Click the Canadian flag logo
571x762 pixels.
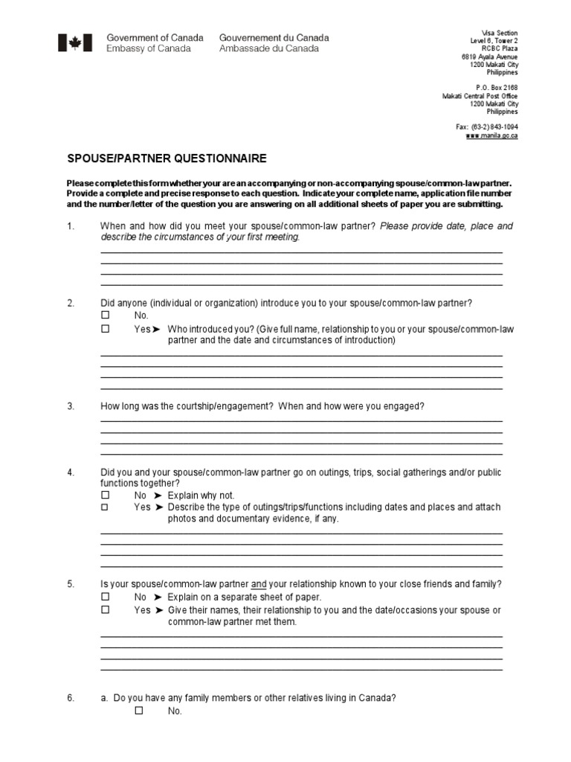[75, 43]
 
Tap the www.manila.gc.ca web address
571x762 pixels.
[491, 136]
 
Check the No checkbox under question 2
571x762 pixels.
[105, 316]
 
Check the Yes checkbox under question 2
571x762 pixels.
[105, 328]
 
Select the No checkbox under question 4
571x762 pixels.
[105, 495]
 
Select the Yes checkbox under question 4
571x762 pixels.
[105, 507]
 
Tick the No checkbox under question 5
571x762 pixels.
[105, 597]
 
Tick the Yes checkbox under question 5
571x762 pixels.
[105, 609]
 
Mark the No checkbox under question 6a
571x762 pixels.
[138, 711]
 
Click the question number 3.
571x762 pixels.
[71, 406]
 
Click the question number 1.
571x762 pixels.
[71, 226]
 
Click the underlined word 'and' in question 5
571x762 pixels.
[259, 585]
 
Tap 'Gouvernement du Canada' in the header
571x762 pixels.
[274, 38]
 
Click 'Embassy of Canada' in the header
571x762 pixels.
[149, 49]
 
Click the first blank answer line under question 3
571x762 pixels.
[301, 421]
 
